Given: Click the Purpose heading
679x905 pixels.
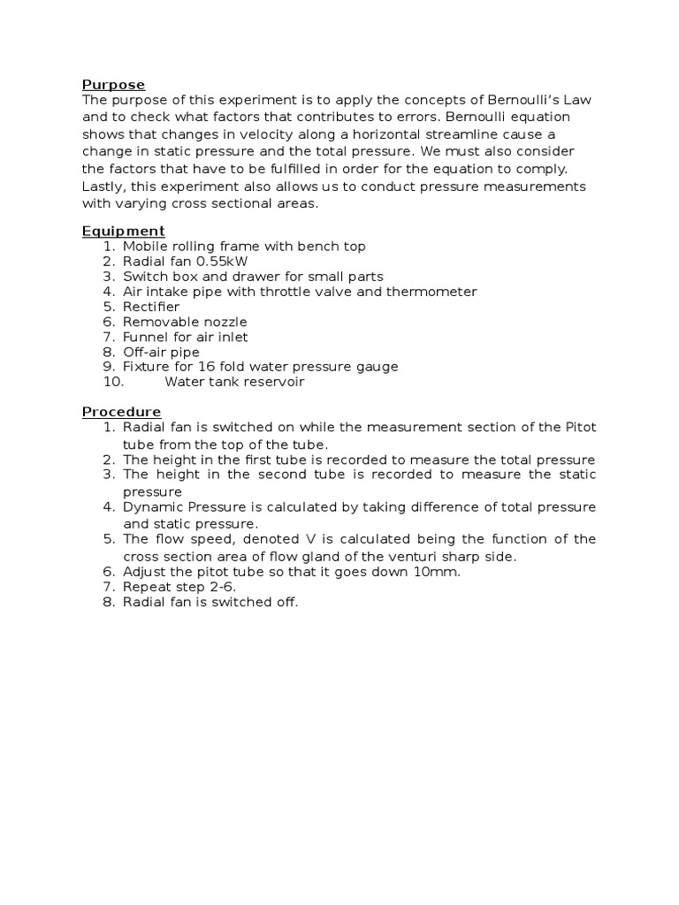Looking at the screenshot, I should pyautogui.click(x=113, y=85).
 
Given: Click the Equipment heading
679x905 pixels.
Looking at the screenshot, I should pyautogui.click(x=123, y=232).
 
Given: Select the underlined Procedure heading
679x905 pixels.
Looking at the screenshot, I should pyautogui.click(x=121, y=412).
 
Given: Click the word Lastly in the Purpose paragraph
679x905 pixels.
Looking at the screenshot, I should pyautogui.click(x=103, y=186).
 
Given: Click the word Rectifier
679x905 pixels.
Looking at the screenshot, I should pyautogui.click(x=150, y=307).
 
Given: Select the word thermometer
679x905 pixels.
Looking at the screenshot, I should pyautogui.click(x=431, y=292).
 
